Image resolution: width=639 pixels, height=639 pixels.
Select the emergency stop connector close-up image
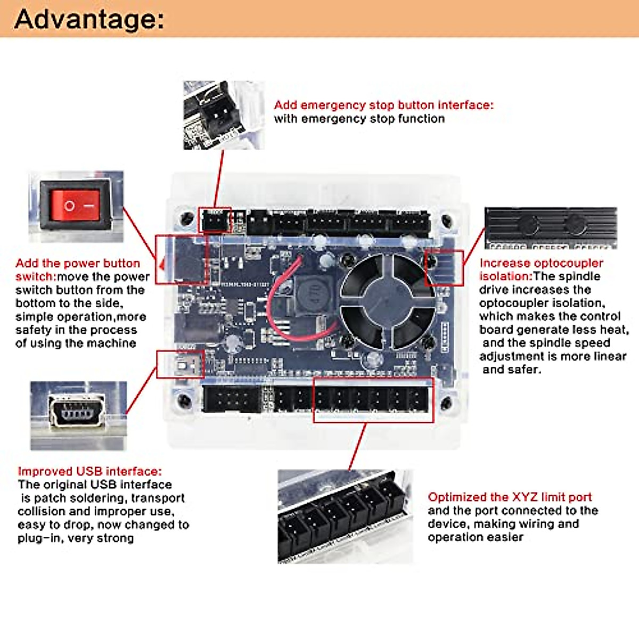pyautogui.click(x=223, y=114)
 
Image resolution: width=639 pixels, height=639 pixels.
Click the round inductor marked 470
pyautogui.click(x=312, y=292)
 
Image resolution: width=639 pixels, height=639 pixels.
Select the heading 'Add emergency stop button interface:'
pyautogui.click(x=383, y=105)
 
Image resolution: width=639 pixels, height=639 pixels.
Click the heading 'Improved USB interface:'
pyautogui.click(x=89, y=471)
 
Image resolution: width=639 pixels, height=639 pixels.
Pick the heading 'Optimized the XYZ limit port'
pyautogui.click(x=510, y=497)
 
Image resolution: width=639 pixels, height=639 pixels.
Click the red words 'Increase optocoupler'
pyautogui.click(x=541, y=263)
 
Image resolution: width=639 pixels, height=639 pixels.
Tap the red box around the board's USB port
pyautogui.click(x=181, y=364)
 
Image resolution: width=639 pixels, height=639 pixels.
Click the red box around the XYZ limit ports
pyautogui.click(x=373, y=400)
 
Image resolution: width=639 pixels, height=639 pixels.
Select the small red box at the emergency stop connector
pyautogui.click(x=215, y=220)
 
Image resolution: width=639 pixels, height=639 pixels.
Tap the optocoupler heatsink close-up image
pyautogui.click(x=551, y=228)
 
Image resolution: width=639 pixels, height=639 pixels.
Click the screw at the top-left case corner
pyautogui.click(x=187, y=218)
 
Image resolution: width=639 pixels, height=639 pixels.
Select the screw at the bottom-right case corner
pyautogui.click(x=447, y=403)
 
